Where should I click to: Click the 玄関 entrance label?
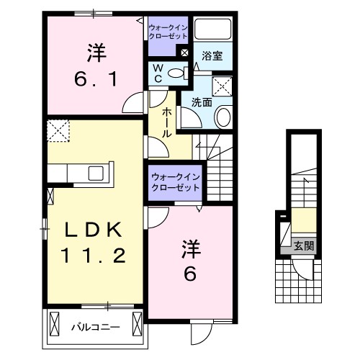coord(303,246)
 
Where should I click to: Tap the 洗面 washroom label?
coord(202,102)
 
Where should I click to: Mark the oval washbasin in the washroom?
coord(222,117)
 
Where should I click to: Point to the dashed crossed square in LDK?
coord(57,131)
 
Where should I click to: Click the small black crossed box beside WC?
coord(185,51)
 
